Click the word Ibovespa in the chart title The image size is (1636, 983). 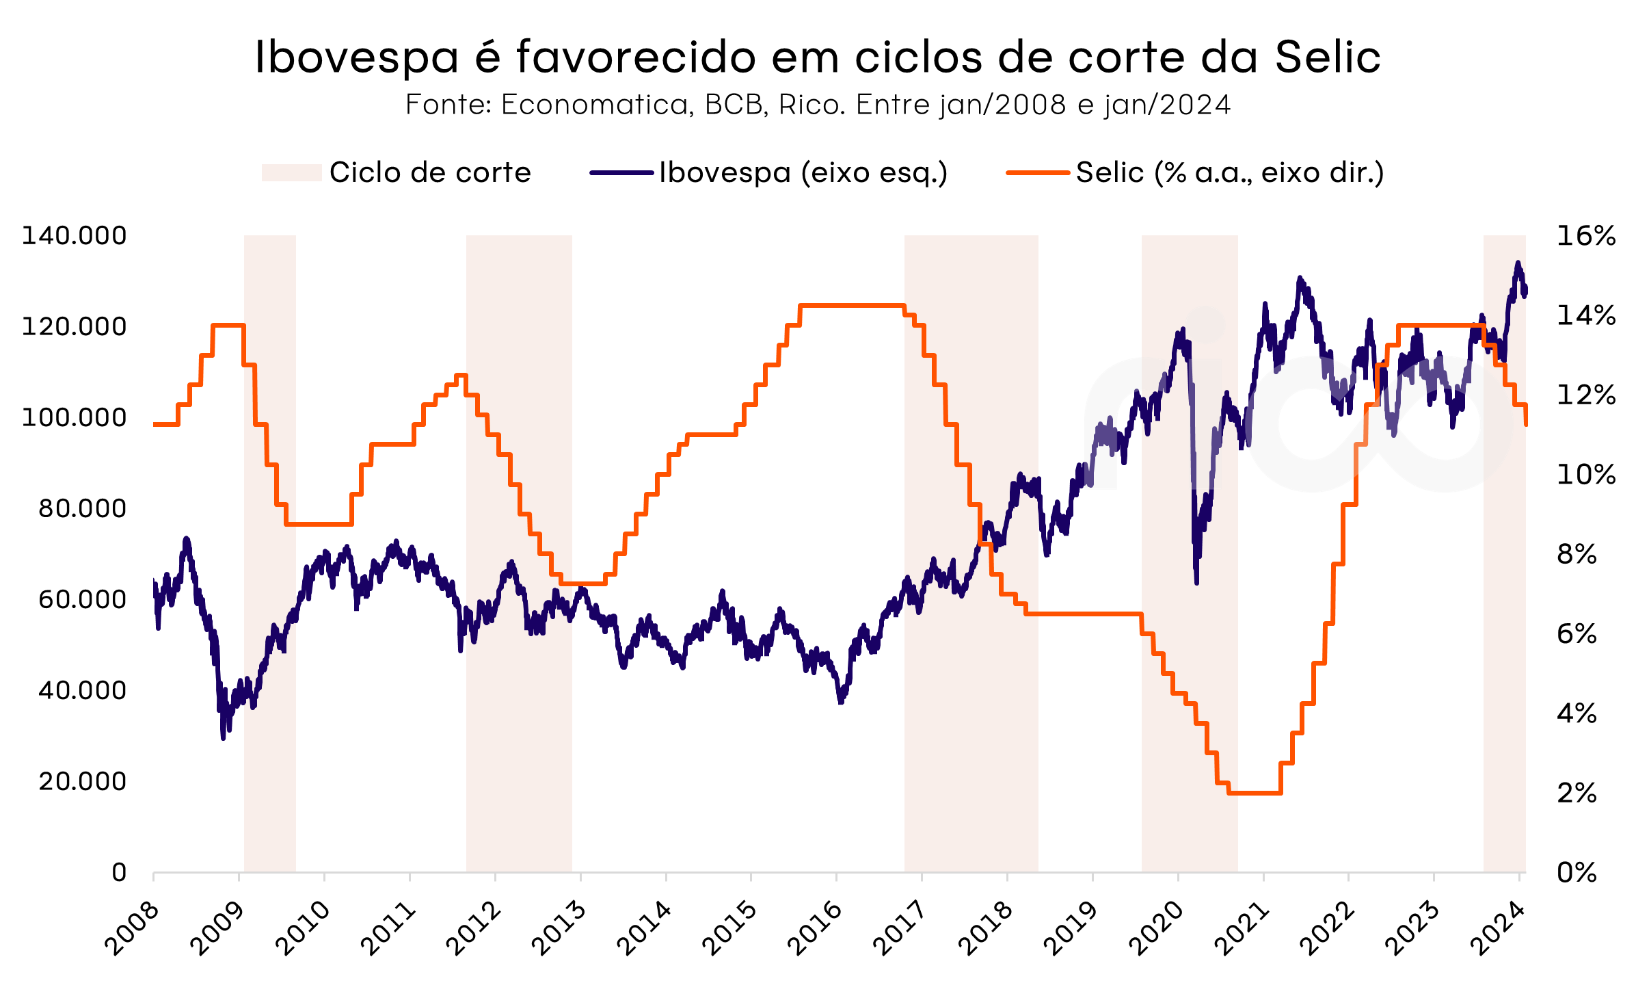coord(356,57)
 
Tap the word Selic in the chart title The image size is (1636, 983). coord(1327,57)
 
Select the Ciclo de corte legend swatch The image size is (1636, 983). coord(291,172)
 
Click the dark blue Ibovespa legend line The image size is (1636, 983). coord(621,172)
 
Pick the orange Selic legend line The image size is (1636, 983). coord(1037,172)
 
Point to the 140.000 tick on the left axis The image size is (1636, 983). coord(74,235)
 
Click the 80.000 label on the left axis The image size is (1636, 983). coord(82,508)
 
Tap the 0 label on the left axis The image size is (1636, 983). coord(119,872)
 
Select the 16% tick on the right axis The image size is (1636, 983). coord(1585,236)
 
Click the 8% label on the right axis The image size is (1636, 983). coord(1577,554)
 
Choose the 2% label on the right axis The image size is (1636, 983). coord(1577,793)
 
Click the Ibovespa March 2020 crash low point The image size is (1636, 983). coord(1196,582)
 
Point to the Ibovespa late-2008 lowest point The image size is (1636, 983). coord(223,737)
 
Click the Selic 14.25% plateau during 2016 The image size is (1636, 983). coord(852,305)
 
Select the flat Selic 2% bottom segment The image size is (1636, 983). coord(1255,793)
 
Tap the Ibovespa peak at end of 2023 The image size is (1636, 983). coord(1518,263)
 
